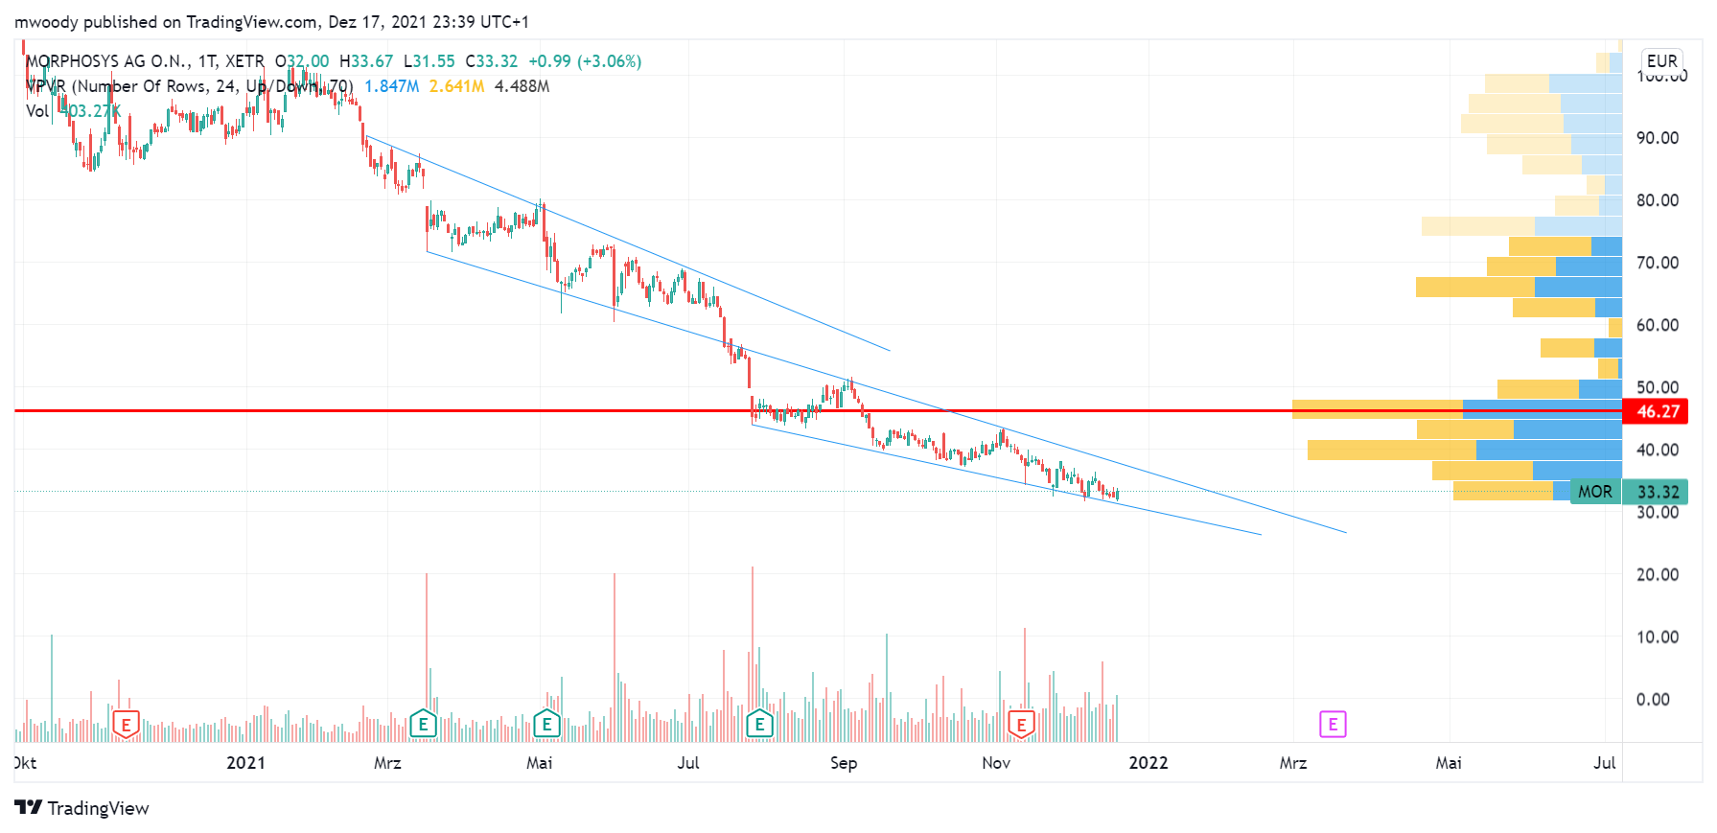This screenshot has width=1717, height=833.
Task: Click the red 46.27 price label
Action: pyautogui.click(x=1657, y=411)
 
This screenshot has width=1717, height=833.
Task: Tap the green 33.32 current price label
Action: pyautogui.click(x=1658, y=492)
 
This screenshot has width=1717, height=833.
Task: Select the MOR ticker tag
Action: pyautogui.click(x=1594, y=492)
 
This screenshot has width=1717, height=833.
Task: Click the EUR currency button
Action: pyautogui.click(x=1661, y=60)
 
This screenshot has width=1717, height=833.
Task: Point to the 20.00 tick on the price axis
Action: pyautogui.click(x=1657, y=574)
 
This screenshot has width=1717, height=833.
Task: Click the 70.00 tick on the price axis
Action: pyautogui.click(x=1657, y=263)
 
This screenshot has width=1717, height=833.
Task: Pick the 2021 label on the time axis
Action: pyautogui.click(x=245, y=763)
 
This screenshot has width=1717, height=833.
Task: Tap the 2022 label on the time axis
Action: pyautogui.click(x=1148, y=763)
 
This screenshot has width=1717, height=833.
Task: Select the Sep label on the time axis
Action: pyautogui.click(x=843, y=763)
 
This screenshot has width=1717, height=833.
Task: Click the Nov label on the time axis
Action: pyautogui.click(x=996, y=763)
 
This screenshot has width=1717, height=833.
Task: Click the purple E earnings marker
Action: pyautogui.click(x=1333, y=724)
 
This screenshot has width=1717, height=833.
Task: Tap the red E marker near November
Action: pyautogui.click(x=1021, y=725)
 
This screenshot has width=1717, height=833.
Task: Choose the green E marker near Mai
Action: pyautogui.click(x=546, y=724)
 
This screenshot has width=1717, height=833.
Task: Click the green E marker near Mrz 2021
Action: pyautogui.click(x=423, y=724)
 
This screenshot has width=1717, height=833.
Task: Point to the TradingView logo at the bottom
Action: pyautogui.click(x=82, y=808)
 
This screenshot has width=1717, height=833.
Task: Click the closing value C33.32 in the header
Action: pyautogui.click(x=491, y=61)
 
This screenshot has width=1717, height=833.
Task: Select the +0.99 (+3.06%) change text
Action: pyautogui.click(x=585, y=61)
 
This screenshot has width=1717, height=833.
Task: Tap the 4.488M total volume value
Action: pyautogui.click(x=522, y=86)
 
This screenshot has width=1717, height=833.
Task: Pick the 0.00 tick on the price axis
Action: pyautogui.click(x=1652, y=699)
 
